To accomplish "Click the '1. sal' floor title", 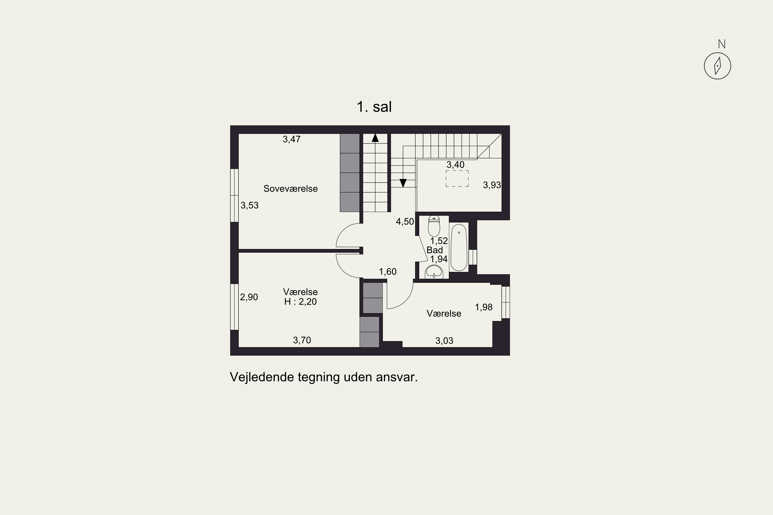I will [374, 107].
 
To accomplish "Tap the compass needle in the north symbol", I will [717, 66].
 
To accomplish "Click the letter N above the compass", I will [722, 44].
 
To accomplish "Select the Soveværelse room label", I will [291, 188].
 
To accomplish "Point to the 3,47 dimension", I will [291, 139].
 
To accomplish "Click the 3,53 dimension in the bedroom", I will [249, 205].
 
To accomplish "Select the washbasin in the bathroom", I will [434, 272].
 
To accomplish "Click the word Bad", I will [434, 250].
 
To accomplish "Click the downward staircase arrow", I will [403, 183].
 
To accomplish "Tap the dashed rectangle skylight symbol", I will [457, 179].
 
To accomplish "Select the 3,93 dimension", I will [492, 185].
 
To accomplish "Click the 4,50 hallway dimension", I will [405, 222].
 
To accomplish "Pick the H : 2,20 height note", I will [300, 302].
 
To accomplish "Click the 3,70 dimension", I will [302, 340].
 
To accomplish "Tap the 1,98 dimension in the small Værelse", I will [483, 307].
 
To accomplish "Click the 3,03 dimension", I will [444, 341].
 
